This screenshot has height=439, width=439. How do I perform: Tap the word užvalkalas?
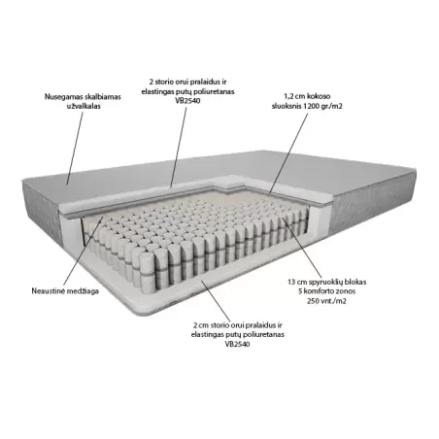84,106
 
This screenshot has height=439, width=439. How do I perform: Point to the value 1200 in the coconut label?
312,106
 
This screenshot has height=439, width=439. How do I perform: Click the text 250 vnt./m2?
326,301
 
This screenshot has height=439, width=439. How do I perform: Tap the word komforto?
318,291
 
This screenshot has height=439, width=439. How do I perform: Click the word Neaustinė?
48,291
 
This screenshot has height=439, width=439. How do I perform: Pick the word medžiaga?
83,291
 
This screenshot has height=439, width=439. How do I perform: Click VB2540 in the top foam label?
187,101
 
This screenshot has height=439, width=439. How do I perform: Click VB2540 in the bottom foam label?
238,344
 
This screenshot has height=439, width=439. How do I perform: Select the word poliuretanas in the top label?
214,91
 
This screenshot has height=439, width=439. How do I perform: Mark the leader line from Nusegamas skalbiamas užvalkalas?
75,149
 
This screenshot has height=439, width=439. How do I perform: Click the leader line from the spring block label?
302,247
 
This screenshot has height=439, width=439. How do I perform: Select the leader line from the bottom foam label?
216,301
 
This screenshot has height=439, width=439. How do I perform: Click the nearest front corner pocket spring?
149,271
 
